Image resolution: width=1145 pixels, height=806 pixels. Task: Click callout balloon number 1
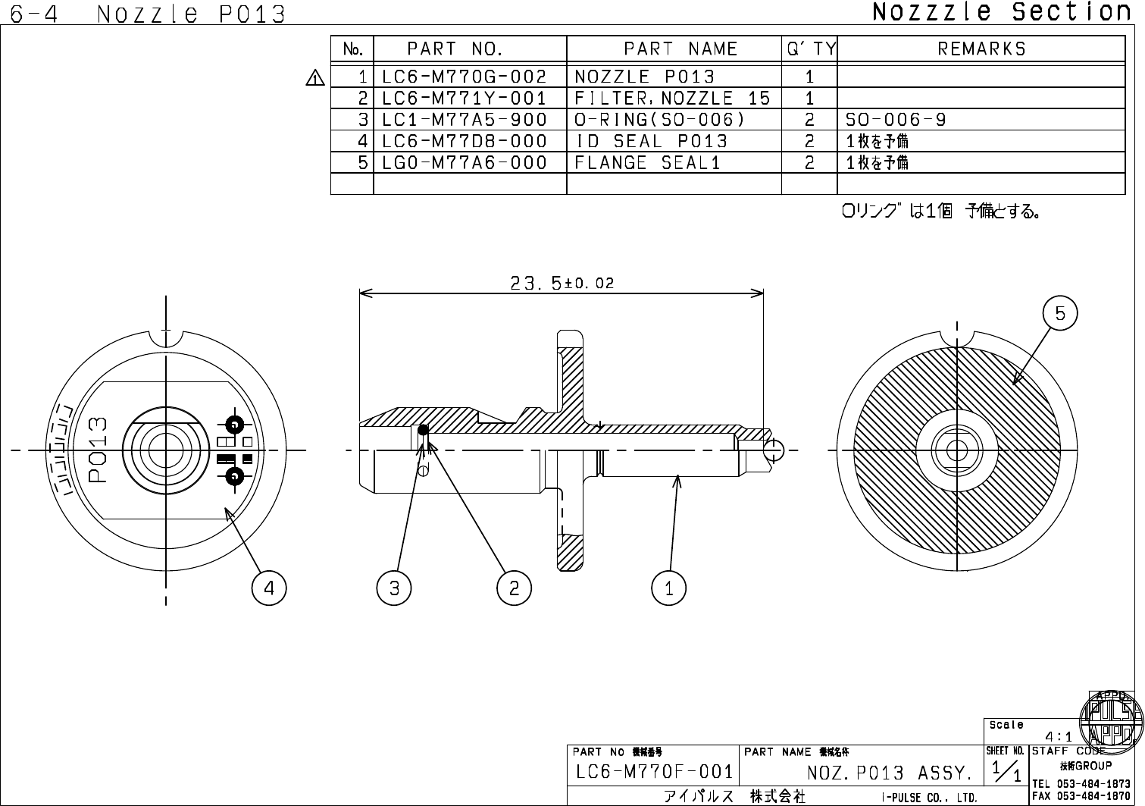(669, 588)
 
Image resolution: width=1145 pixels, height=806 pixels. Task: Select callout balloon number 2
(515, 588)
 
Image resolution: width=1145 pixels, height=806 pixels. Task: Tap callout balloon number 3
(394, 588)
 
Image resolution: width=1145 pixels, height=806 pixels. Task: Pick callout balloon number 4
(270, 588)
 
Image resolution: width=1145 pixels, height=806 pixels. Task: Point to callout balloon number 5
(1060, 313)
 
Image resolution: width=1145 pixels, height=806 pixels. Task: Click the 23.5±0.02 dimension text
(562, 283)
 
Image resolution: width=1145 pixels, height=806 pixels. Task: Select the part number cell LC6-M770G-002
(464, 77)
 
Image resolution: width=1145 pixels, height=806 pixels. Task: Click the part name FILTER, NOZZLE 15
(672, 98)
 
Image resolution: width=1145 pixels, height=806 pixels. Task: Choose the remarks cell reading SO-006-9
(896, 120)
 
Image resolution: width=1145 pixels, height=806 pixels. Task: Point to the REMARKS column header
(981, 49)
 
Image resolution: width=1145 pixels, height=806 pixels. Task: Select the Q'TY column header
(810, 49)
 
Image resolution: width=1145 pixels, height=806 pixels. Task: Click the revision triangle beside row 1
(315, 77)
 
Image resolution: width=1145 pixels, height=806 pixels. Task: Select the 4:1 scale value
(1059, 736)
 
